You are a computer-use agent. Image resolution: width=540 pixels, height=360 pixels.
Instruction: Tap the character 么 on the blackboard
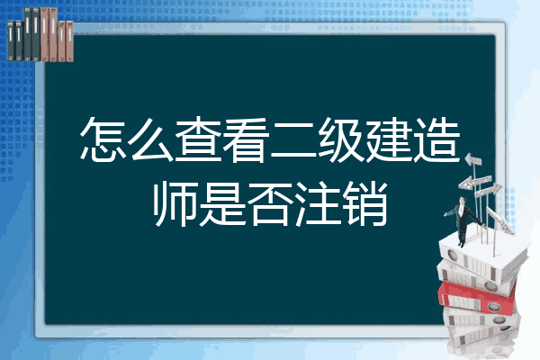(150, 139)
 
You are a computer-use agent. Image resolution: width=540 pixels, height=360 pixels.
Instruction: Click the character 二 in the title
(293, 139)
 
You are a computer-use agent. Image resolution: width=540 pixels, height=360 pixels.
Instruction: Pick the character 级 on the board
(340, 139)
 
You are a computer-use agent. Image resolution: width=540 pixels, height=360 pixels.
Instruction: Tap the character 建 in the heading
(389, 139)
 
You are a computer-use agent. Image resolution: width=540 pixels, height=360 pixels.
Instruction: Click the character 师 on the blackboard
(175, 204)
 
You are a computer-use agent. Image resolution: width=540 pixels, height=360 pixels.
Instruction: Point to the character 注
(318, 204)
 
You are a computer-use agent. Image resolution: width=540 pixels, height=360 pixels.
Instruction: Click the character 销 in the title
(365, 204)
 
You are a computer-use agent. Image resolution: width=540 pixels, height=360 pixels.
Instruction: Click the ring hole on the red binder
(493, 307)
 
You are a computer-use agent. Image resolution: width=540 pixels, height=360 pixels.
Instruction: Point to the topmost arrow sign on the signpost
(473, 160)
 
